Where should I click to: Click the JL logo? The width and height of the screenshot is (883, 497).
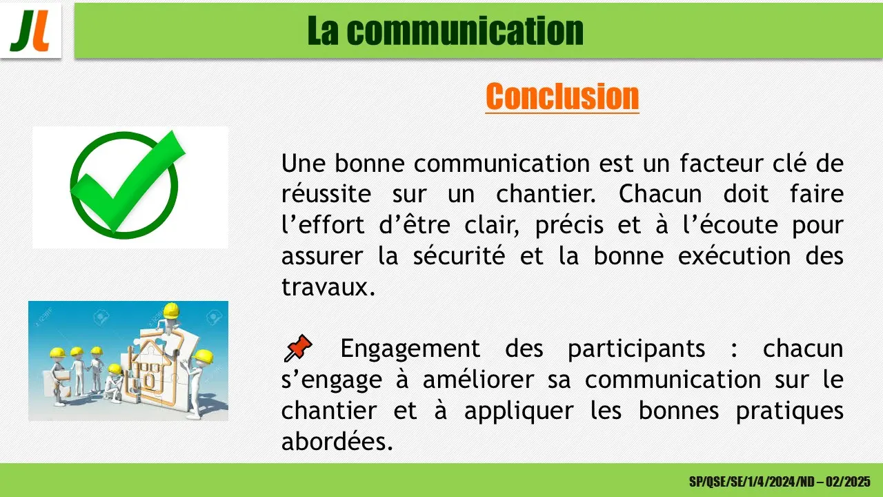point(30,31)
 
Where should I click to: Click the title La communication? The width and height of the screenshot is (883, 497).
point(446,31)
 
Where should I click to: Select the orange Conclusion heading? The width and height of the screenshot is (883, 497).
point(562,96)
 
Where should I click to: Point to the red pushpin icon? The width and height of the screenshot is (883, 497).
point(298,347)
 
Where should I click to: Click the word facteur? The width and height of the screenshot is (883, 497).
point(722,164)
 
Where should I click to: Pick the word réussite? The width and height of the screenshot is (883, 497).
point(326,194)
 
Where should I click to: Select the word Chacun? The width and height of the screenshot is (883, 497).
point(660,194)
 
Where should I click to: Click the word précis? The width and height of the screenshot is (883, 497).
point(569,226)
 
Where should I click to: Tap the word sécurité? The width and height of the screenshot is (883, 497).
point(459,256)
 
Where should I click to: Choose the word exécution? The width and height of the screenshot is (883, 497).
point(735,256)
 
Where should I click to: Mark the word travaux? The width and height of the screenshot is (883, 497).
point(328,286)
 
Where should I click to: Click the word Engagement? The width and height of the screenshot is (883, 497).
point(410,349)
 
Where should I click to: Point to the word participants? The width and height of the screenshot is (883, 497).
point(636,349)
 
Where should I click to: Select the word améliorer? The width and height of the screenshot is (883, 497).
point(479,380)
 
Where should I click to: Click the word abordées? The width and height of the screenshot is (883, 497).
point(337,441)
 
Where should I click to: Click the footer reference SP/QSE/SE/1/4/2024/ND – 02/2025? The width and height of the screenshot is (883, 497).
point(780,482)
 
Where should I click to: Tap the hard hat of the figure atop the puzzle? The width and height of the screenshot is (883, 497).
point(172,311)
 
